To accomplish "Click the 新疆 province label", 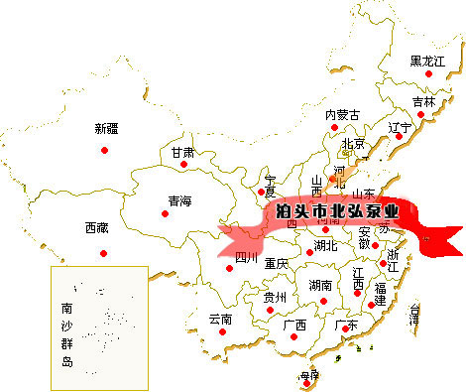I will (x=106, y=128).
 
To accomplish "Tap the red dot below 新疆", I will (x=104, y=150).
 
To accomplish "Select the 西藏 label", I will (x=97, y=228).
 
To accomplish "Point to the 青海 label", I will (x=179, y=201).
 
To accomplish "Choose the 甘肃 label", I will (x=182, y=153).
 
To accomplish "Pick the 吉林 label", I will (x=423, y=101).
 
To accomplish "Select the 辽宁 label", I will (x=400, y=127).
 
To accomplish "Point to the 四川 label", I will (x=246, y=259).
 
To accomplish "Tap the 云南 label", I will (x=220, y=320).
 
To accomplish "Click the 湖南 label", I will (x=319, y=286).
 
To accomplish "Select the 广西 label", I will (x=294, y=326).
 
